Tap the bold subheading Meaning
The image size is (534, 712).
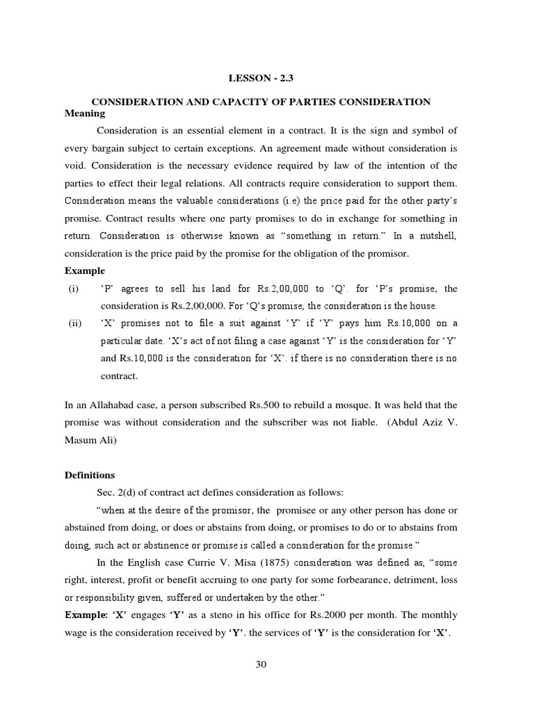(x=84, y=113)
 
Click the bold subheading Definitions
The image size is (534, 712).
(x=90, y=476)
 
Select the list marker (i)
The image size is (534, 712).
(x=73, y=289)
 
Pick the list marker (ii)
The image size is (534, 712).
(x=74, y=323)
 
